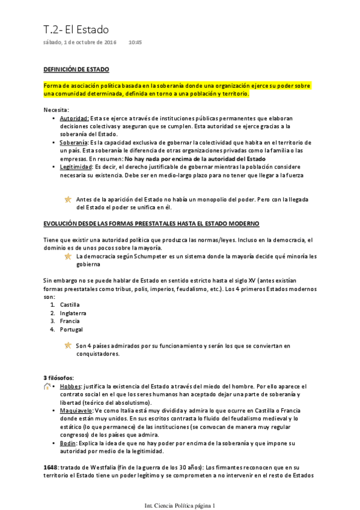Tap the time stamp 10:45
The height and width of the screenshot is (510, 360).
pyautogui.click(x=135, y=43)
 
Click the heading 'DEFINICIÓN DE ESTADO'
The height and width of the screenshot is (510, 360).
pyautogui.click(x=76, y=70)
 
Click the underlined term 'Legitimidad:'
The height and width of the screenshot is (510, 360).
pyautogui.click(x=76, y=167)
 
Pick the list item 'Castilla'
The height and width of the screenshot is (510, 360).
pyautogui.click(x=70, y=304)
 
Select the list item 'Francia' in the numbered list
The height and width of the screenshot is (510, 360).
pyautogui.click(x=70, y=321)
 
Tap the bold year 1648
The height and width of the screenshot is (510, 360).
pyautogui.click(x=50, y=466)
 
